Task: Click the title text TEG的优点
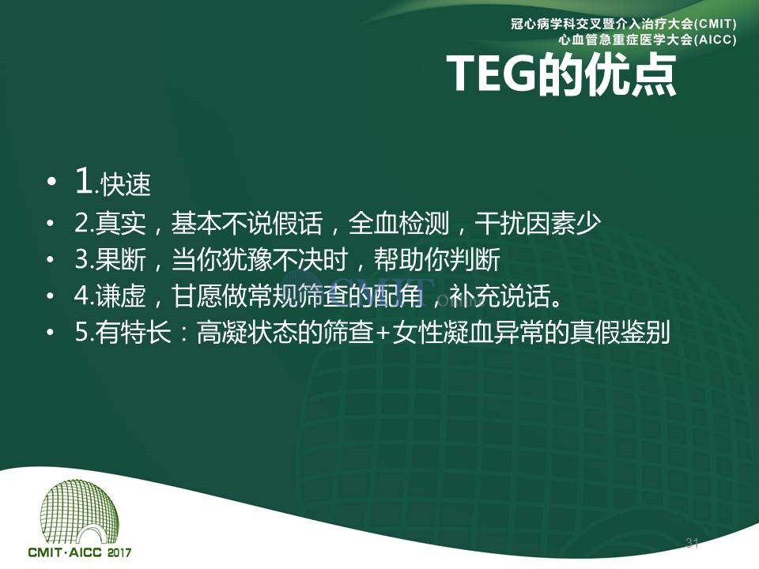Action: [561, 74]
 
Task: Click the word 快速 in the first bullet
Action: [126, 184]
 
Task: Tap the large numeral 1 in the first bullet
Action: [85, 181]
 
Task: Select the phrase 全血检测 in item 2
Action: [398, 223]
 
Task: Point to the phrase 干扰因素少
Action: [538, 223]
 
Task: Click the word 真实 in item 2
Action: [120, 223]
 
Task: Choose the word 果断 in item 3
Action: [120, 259]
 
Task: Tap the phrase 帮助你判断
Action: [437, 259]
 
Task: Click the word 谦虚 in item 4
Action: [120, 296]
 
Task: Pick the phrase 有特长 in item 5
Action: [133, 333]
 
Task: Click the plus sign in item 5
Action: [383, 333]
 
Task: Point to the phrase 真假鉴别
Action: [620, 333]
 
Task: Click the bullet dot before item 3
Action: [51, 260]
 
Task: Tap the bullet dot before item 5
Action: [51, 333]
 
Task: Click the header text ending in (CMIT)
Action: [624, 24]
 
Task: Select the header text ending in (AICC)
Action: [648, 40]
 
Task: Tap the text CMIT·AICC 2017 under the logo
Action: [79, 552]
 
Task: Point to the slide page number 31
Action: [693, 543]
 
